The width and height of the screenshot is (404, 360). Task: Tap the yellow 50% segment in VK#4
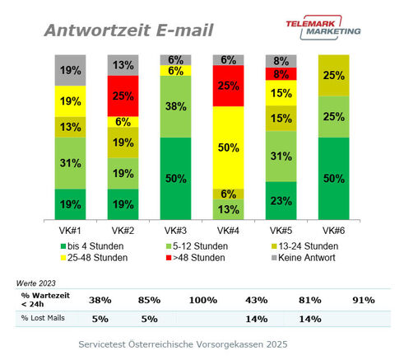[x=226, y=147]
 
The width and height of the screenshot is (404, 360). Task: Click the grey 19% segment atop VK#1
[x=69, y=70]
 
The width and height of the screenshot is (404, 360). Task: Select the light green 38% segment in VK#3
[x=174, y=106]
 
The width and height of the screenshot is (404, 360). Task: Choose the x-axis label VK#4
[x=226, y=231]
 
